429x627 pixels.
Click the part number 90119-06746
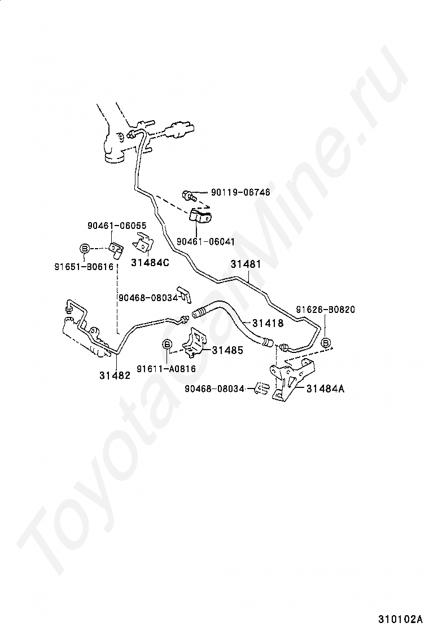240,192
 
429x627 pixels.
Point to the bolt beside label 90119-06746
189,196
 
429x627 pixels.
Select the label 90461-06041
205,241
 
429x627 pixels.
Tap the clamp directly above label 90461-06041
199,216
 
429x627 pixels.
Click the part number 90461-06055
117,225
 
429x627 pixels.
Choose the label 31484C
150,262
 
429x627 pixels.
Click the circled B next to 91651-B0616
84,248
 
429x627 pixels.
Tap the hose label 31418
268,323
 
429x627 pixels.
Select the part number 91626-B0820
326,310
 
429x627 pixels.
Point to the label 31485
227,350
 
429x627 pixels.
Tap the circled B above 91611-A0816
168,344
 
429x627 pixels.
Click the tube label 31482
115,374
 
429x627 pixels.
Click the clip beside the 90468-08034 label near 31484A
261,388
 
